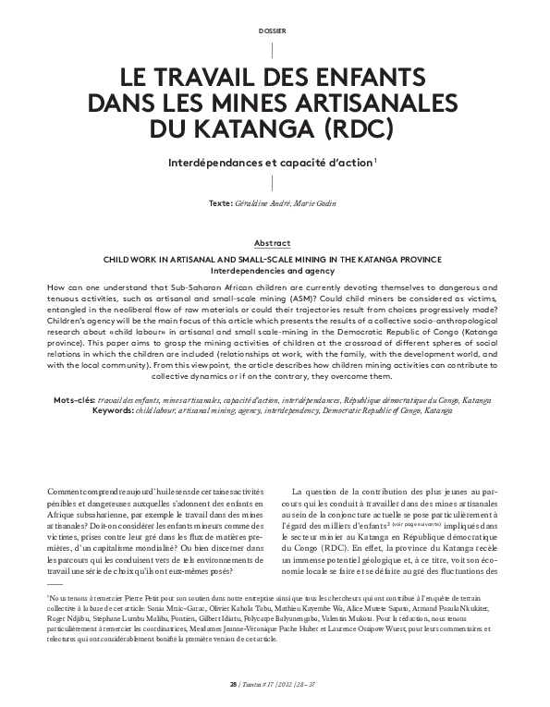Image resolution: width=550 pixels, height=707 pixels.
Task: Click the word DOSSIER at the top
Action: point(275,30)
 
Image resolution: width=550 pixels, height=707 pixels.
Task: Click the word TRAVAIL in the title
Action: point(220,76)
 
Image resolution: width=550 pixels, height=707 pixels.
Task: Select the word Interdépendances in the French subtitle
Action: point(218,161)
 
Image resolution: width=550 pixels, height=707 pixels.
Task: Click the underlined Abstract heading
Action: point(275,242)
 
